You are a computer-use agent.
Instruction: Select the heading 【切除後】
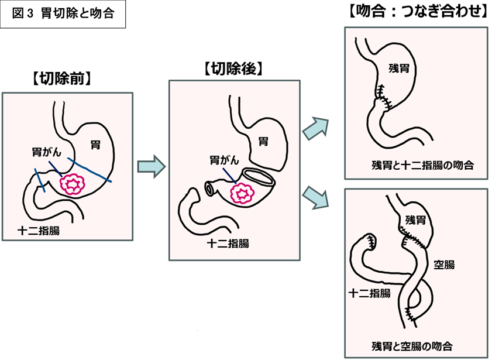click(x=233, y=68)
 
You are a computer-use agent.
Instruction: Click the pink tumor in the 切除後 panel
click(x=242, y=192)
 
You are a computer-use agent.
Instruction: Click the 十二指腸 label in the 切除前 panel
click(x=39, y=230)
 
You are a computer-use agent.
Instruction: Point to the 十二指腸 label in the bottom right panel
click(x=369, y=293)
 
